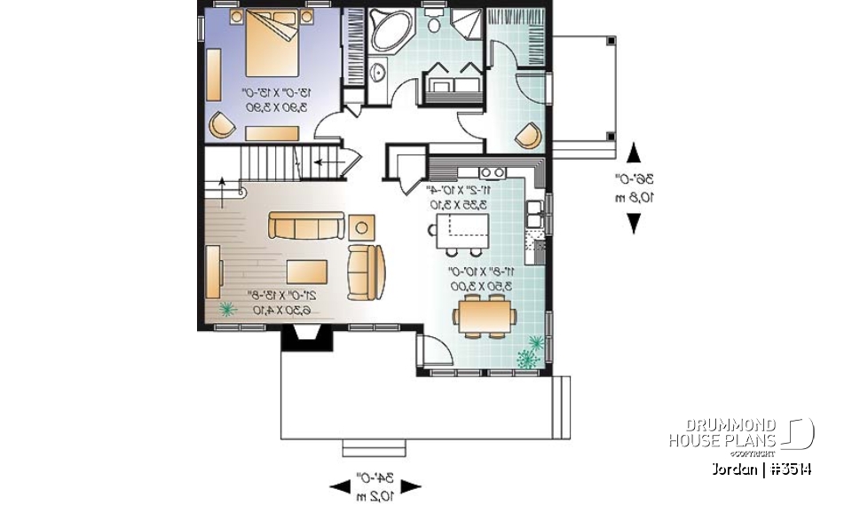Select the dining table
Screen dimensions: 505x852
484,314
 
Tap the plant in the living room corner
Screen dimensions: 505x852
227,309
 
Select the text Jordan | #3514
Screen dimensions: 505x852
762,469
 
